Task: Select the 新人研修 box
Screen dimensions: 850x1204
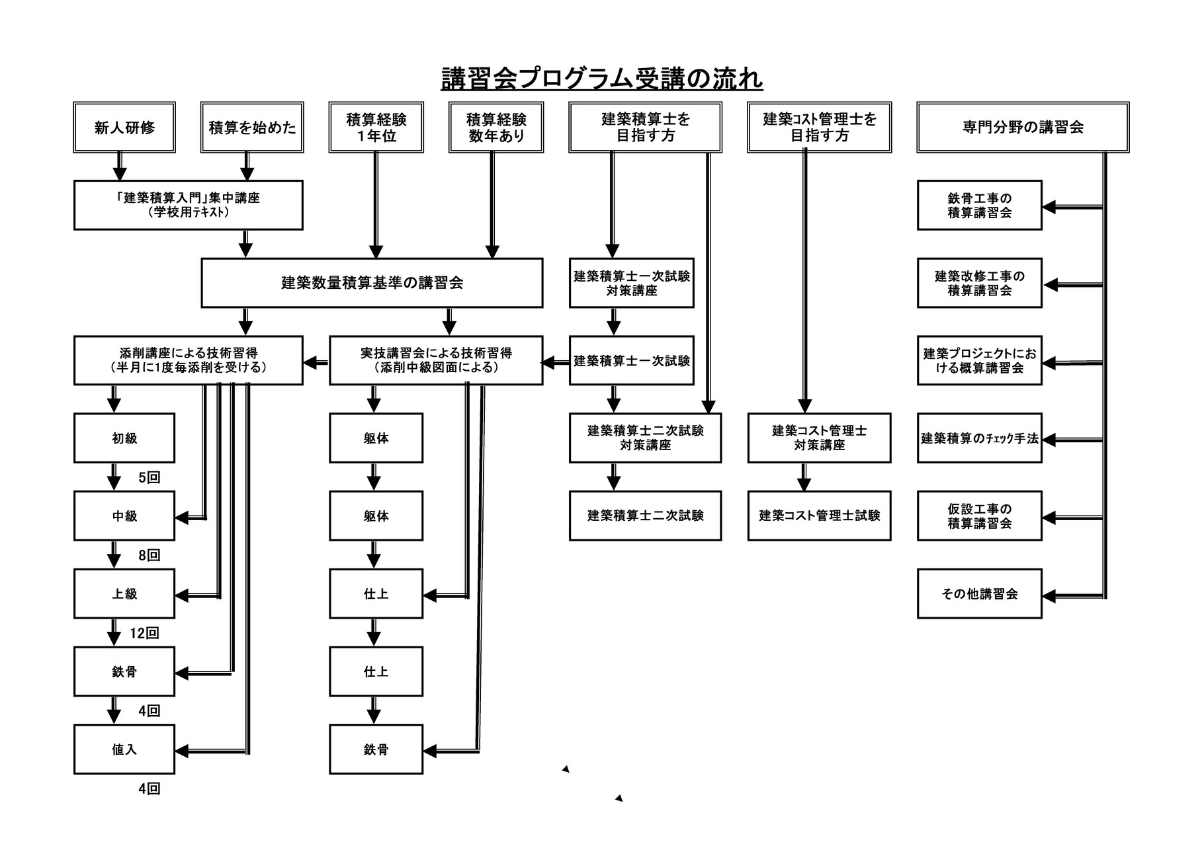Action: tap(124, 128)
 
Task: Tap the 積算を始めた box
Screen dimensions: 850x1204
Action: tap(252, 128)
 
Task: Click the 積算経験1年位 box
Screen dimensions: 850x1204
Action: tap(376, 128)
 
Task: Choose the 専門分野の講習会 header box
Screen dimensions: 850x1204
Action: tap(1022, 128)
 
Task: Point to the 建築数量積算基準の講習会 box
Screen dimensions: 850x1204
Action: tap(372, 283)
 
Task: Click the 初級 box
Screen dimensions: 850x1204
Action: tap(124, 438)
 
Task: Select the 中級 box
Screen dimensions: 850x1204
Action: tap(124, 516)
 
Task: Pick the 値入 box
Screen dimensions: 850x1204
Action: tap(124, 750)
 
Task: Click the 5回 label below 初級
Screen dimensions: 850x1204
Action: tap(150, 478)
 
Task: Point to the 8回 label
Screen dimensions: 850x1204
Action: tap(150, 556)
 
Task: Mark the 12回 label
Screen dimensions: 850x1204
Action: tap(144, 633)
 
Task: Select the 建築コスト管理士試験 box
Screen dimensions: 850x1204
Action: tap(819, 516)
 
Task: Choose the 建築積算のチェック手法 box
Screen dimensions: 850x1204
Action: tap(979, 438)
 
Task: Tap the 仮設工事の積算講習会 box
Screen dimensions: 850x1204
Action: tap(979, 516)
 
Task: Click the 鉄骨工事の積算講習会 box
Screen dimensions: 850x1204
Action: tap(979, 206)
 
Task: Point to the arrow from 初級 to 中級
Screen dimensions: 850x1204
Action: tap(114, 477)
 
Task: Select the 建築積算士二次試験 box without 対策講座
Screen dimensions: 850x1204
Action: tap(645, 516)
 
